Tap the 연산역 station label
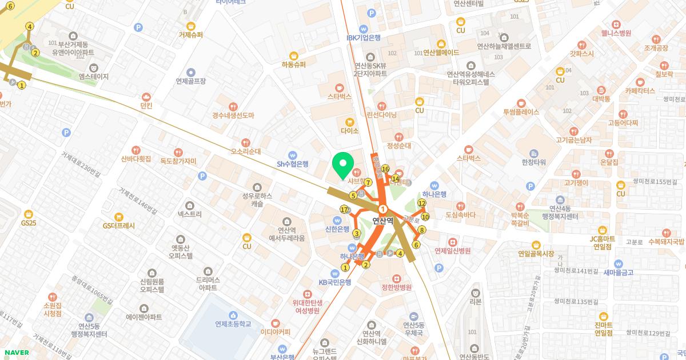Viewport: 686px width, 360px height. pos(383,220)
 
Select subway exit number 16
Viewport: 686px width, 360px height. pos(385,169)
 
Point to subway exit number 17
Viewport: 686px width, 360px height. pos(344,210)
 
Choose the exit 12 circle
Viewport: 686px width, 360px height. pos(422,203)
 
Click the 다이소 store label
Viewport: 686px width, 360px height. pos(349,131)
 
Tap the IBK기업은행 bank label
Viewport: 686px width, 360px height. pos(364,38)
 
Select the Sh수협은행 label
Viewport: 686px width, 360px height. pos(292,163)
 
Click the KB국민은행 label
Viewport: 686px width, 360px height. pos(334,282)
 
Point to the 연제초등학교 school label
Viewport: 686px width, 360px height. pos(233,323)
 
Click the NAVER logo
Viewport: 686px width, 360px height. pos(16,352)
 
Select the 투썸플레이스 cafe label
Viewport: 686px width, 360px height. pos(521,112)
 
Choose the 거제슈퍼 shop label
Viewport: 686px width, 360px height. pos(190,34)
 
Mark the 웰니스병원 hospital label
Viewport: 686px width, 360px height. pos(616,33)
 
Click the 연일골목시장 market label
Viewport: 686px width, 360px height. pos(536,253)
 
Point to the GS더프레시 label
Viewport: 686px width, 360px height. pos(119,225)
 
